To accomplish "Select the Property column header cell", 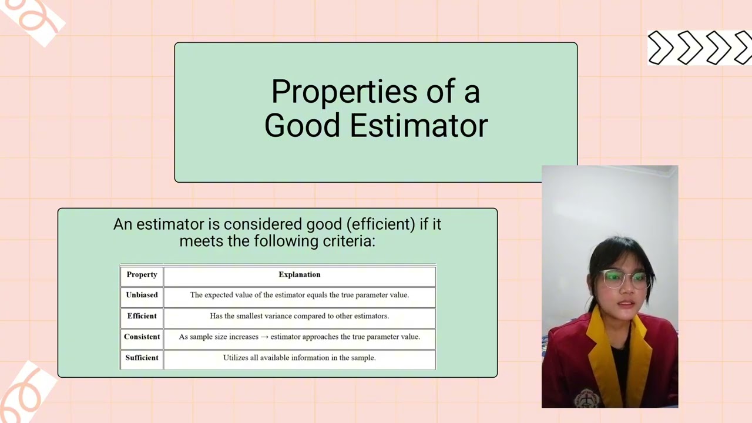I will point(142,275).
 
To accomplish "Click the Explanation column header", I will point(300,275).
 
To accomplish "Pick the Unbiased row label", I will point(142,295).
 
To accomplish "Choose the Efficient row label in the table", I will point(142,316).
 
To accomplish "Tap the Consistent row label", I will point(142,337).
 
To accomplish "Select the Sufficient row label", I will point(142,358).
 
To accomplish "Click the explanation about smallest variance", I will point(300,316).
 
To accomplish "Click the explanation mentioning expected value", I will point(300,295).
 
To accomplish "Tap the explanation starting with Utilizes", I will point(300,358).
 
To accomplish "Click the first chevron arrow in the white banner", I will point(660,48).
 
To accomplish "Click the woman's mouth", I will point(626,304).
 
